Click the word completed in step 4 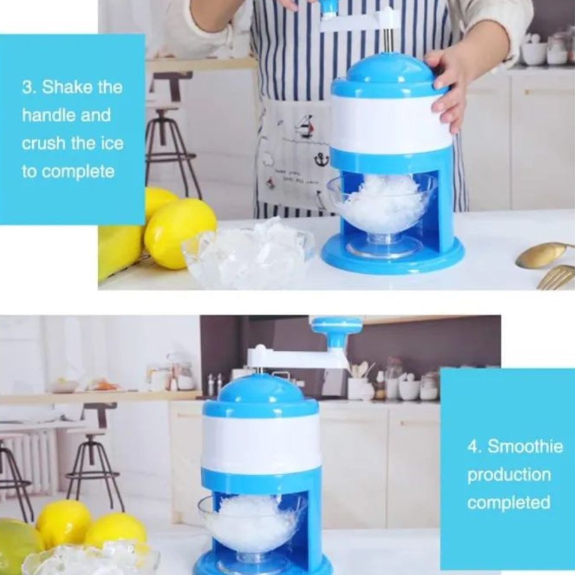coord(509,503)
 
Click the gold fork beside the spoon coord(556,277)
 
